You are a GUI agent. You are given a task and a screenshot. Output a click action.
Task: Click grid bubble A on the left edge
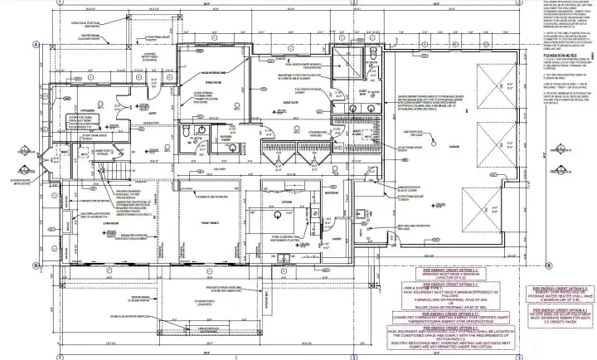(x=36, y=44)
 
